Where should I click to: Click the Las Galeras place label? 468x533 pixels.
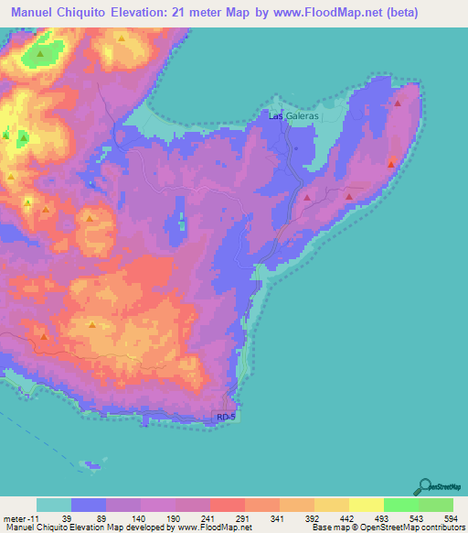(x=294, y=116)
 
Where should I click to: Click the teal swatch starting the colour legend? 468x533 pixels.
(x=54, y=505)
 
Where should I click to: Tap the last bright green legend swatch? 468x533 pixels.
(x=436, y=505)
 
